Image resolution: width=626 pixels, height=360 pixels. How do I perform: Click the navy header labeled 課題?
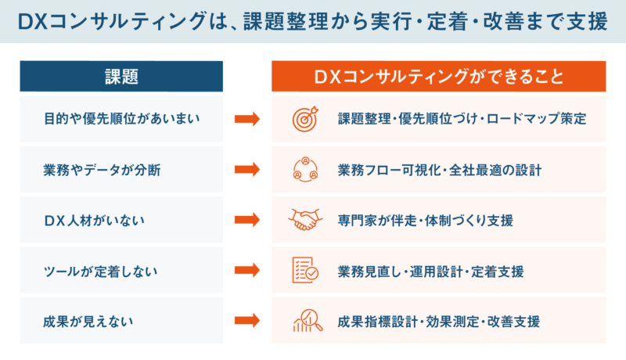click(121, 76)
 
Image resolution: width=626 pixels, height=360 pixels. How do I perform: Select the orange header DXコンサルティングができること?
click(439, 76)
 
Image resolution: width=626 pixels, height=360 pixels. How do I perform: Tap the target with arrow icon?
click(305, 119)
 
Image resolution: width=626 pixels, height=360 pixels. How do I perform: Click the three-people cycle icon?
click(305, 169)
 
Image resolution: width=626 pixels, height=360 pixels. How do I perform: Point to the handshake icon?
click(305, 219)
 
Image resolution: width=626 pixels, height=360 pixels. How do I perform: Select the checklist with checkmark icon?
click(305, 270)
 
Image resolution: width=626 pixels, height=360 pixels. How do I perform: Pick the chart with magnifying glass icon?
click(308, 321)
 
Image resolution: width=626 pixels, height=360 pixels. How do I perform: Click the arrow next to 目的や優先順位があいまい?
click(247, 119)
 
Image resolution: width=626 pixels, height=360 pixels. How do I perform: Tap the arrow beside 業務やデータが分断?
click(247, 169)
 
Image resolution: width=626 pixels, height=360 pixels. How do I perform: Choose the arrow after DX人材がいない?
click(247, 219)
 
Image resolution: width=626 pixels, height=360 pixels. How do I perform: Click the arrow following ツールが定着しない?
click(247, 270)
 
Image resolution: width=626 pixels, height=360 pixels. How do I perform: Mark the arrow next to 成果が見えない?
click(247, 321)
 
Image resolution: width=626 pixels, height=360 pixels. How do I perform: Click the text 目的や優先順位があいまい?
click(122, 118)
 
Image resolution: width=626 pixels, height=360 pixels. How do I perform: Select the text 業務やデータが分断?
click(102, 170)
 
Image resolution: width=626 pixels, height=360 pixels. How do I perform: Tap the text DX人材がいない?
click(94, 221)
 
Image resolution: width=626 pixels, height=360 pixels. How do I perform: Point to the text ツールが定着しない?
click(101, 272)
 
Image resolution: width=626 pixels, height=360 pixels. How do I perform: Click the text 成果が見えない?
click(88, 322)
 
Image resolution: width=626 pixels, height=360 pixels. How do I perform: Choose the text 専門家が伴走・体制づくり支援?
click(425, 221)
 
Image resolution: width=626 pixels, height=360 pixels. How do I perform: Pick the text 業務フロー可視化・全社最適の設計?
click(440, 170)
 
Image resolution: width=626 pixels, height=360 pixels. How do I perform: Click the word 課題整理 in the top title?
click(286, 22)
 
